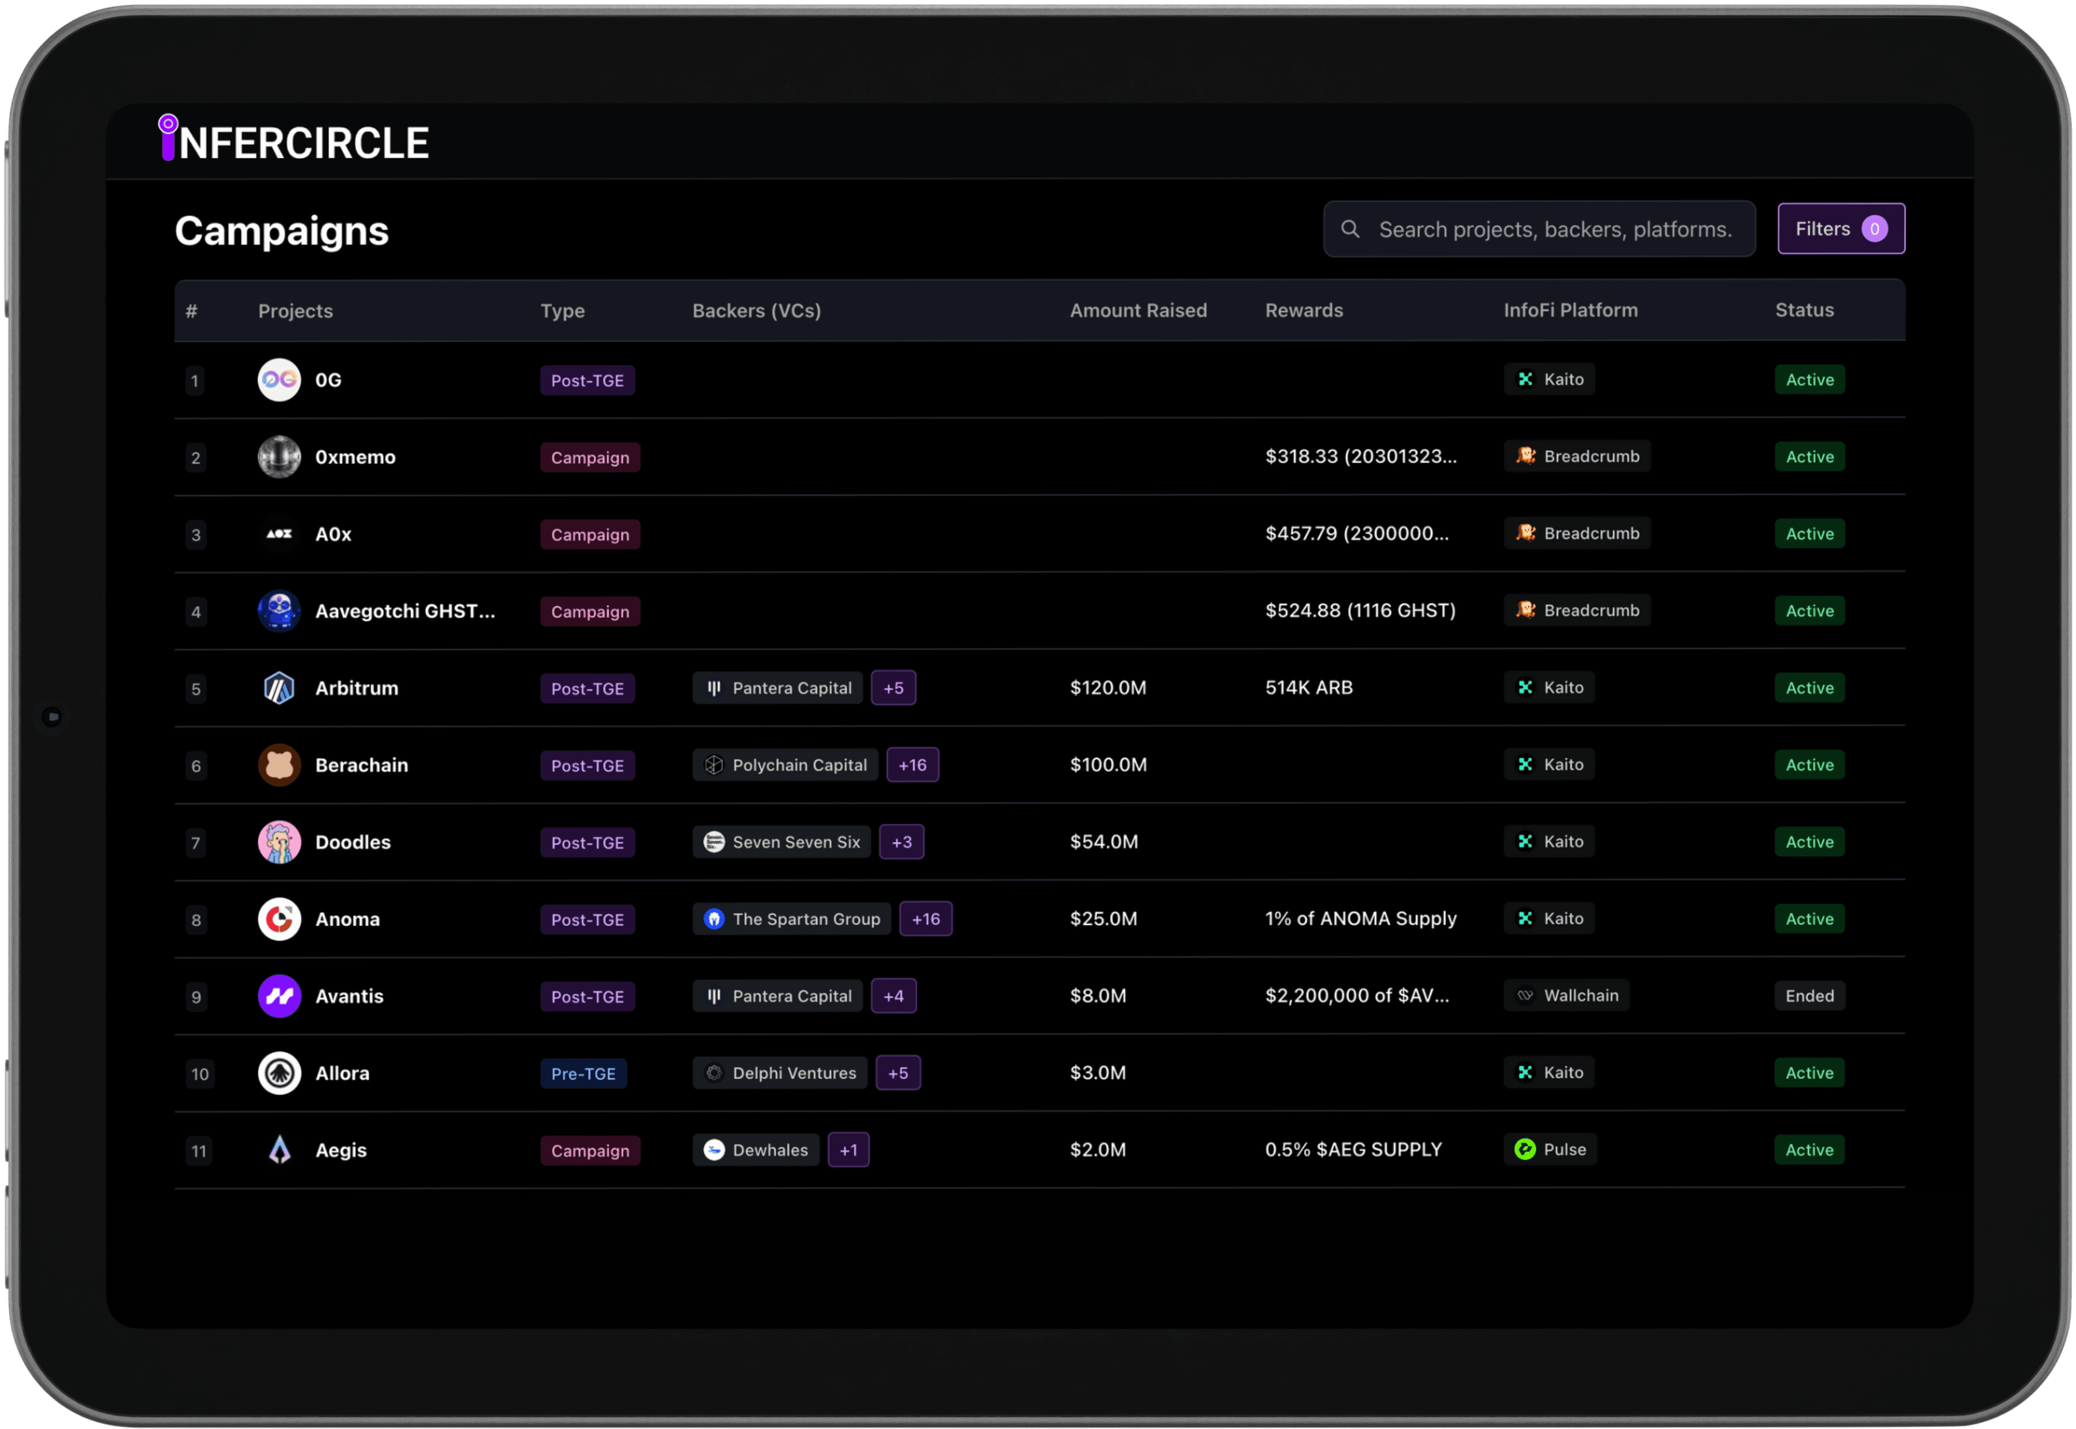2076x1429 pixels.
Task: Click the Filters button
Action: pyautogui.click(x=1840, y=229)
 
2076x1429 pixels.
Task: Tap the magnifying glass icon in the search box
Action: pyautogui.click(x=1349, y=229)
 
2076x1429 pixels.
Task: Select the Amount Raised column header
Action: pyautogui.click(x=1137, y=311)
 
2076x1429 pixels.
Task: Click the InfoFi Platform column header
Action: pyautogui.click(x=1570, y=311)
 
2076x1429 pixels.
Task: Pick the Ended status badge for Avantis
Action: pyautogui.click(x=1809, y=996)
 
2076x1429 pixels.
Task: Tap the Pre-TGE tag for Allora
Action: pyautogui.click(x=583, y=1073)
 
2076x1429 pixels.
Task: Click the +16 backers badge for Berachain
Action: pyautogui.click(x=911, y=765)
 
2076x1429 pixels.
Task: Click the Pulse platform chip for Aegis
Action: pyautogui.click(x=1551, y=1150)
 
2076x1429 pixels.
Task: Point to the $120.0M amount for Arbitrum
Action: pyautogui.click(x=1108, y=687)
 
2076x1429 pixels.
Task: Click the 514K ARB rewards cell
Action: pyautogui.click(x=1308, y=687)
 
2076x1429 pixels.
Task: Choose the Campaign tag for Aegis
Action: pyautogui.click(x=589, y=1151)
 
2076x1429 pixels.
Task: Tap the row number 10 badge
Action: pyautogui.click(x=199, y=1073)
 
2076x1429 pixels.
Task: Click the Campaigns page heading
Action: pyautogui.click(x=281, y=231)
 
